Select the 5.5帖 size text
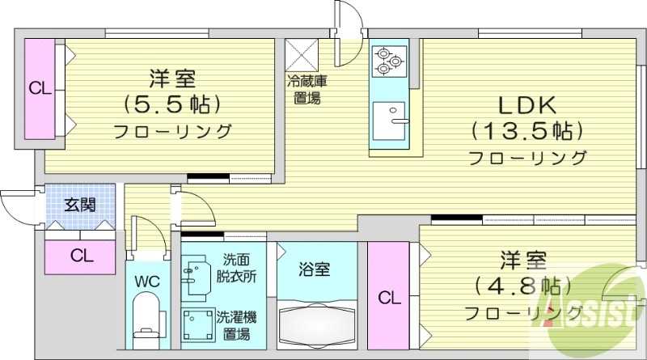[x=172, y=104]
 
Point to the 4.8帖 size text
[x=522, y=286]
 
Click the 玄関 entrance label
[x=81, y=204]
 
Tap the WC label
[x=146, y=282]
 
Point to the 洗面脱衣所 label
[x=237, y=268]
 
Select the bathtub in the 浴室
[x=316, y=325]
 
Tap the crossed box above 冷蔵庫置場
[x=302, y=55]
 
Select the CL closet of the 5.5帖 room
[x=37, y=88]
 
